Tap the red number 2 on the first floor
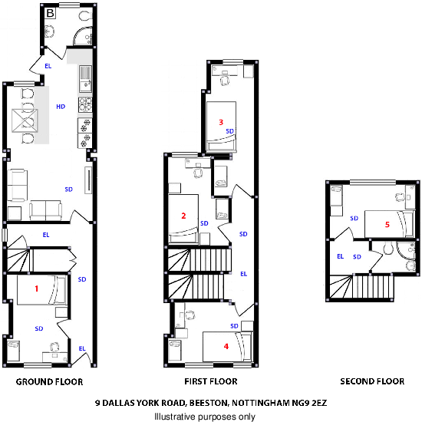tap(183, 216)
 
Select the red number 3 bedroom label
tap(221, 121)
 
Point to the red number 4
tap(226, 346)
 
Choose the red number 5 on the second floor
tap(387, 224)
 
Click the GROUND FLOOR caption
tap(49, 381)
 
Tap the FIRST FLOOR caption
tap(210, 381)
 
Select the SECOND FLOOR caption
tap(372, 381)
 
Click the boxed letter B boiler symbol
tap(50, 13)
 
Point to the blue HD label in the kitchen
tap(61, 107)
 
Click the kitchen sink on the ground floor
tap(84, 76)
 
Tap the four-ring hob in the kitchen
tap(84, 102)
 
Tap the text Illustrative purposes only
tap(204, 416)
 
